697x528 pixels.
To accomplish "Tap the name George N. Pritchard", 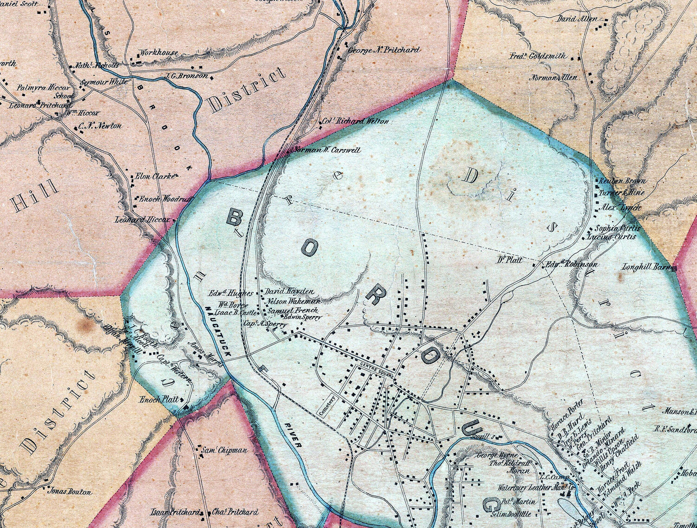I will point(384,50).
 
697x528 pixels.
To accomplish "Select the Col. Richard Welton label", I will point(355,121).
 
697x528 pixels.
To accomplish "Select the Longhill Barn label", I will point(646,267).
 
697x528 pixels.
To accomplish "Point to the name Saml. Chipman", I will point(224,450).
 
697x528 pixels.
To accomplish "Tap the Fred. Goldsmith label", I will point(538,56).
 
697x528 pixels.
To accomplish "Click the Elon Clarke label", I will point(154,177).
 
